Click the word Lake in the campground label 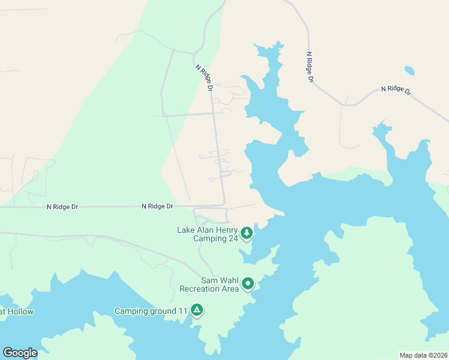(186, 230)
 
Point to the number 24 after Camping (231, 238)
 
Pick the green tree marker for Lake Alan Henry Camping (246, 232)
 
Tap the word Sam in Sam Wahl (208, 280)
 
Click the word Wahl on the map (228, 280)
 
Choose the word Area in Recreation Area (230, 289)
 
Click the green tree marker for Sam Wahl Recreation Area (248, 283)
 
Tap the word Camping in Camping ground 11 (130, 311)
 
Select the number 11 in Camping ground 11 (183, 311)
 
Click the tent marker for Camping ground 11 (196, 310)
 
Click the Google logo (20, 353)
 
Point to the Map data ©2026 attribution (424, 355)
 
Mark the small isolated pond (409, 70)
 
